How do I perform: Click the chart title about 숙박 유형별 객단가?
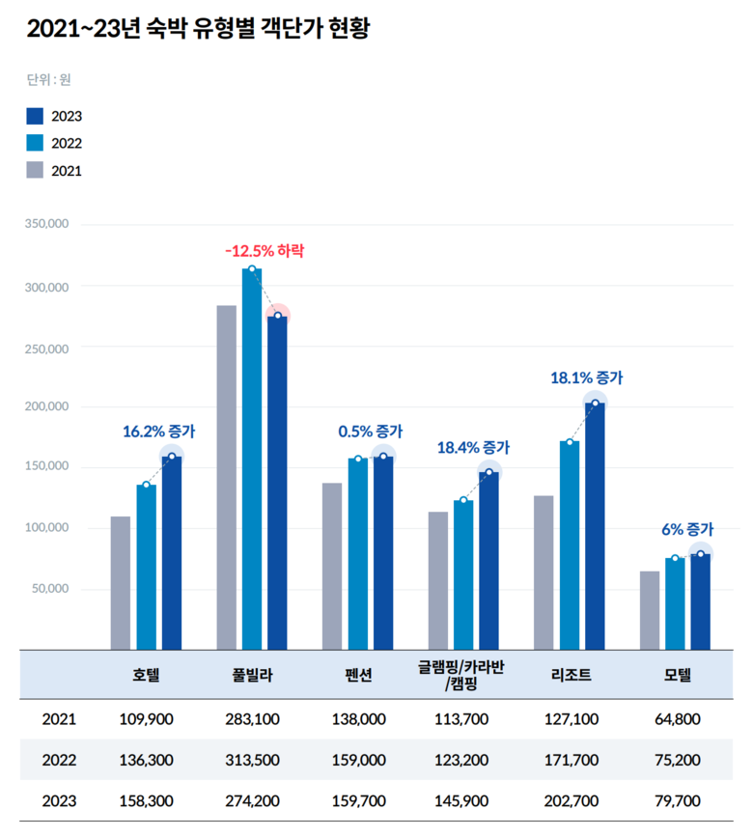tap(198, 29)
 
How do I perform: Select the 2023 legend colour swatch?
tap(36, 116)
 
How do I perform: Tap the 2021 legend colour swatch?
tap(36, 170)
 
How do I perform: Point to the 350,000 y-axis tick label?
tap(45, 224)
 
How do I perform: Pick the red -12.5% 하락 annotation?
tap(264, 250)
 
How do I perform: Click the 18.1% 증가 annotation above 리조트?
tap(587, 378)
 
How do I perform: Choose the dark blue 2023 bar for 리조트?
tap(595, 526)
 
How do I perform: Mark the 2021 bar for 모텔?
tap(650, 610)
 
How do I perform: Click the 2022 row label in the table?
tap(59, 760)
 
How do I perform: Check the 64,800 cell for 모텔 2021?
tap(678, 718)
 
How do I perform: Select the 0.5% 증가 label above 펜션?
tap(371, 432)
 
